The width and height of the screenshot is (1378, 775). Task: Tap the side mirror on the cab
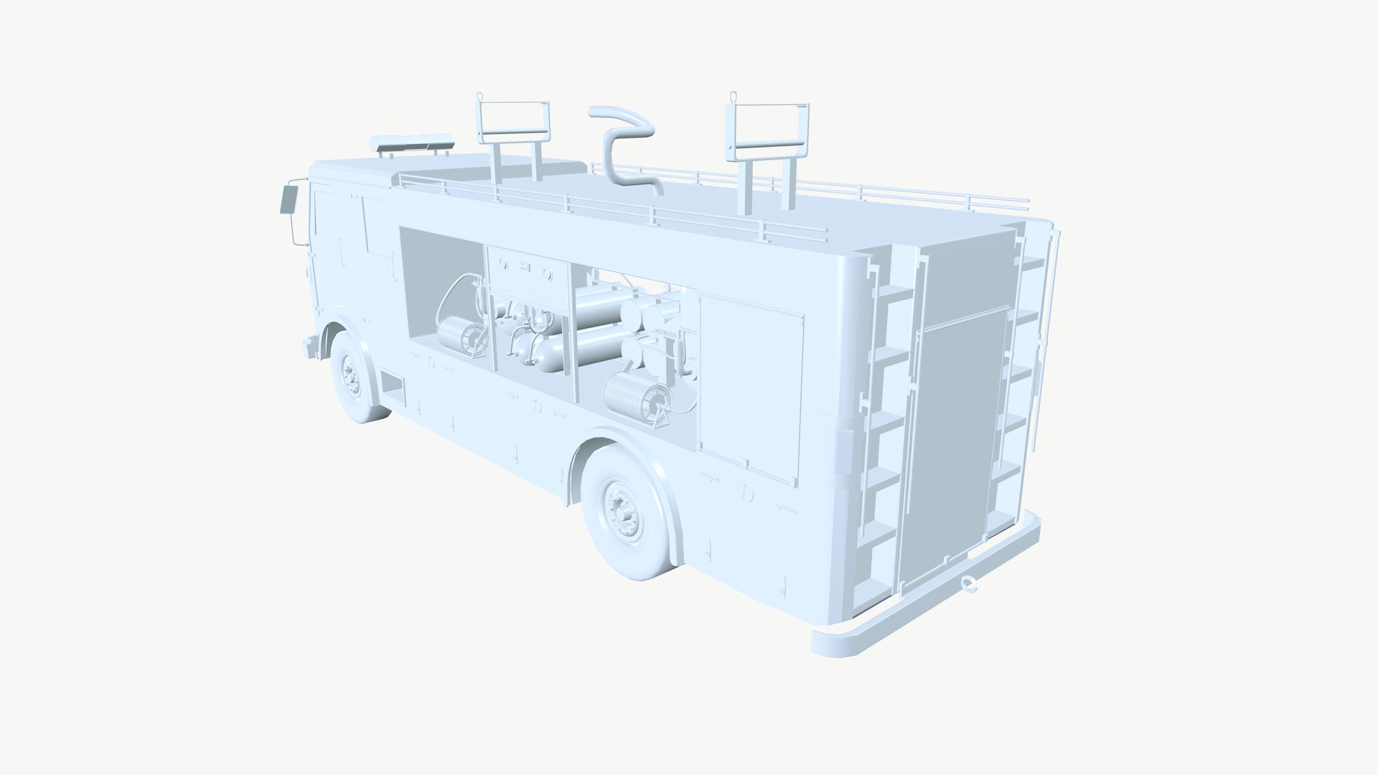tap(287, 198)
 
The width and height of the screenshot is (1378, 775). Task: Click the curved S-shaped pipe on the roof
tap(622, 151)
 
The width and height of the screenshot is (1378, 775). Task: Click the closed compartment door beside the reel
tap(750, 380)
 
